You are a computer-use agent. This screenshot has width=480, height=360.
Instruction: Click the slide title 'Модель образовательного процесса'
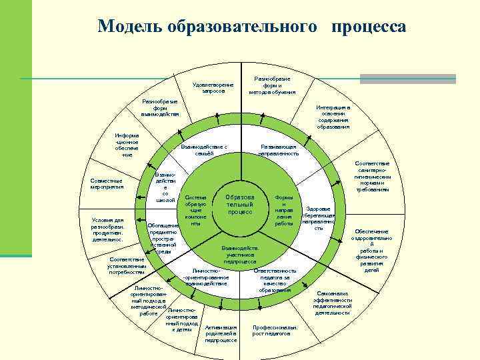(x=251, y=26)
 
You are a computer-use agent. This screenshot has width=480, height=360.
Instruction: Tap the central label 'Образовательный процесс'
(x=239, y=205)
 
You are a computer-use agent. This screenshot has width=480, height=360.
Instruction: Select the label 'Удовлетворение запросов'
(x=213, y=88)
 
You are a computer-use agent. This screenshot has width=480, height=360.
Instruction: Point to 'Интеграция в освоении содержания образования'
(x=333, y=117)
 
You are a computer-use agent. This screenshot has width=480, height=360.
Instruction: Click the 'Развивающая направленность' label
(x=279, y=150)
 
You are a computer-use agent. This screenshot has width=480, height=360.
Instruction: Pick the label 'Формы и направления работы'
(x=284, y=211)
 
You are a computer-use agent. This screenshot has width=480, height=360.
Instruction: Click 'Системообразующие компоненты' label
(x=196, y=211)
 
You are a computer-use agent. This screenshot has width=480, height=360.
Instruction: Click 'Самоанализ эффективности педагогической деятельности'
(x=333, y=303)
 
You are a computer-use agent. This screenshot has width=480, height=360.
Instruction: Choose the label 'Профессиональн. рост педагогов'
(x=275, y=331)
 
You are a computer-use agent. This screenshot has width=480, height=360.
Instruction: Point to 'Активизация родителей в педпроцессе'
(x=221, y=334)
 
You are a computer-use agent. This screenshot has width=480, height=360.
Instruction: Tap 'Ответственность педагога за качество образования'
(x=275, y=280)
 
